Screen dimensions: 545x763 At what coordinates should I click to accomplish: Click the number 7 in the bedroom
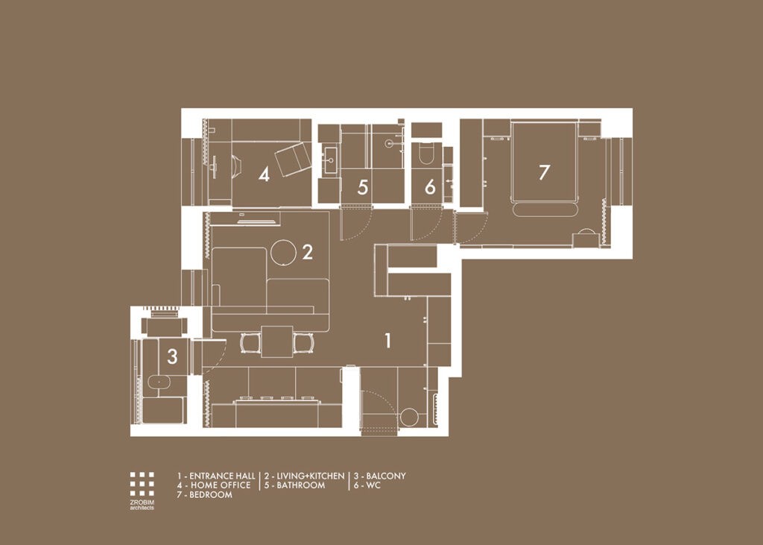[x=544, y=172]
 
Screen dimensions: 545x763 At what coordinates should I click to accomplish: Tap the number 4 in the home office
[x=264, y=175]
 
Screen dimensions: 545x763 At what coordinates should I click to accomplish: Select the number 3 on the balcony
[x=172, y=357]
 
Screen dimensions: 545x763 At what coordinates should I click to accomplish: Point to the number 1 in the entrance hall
[x=387, y=341]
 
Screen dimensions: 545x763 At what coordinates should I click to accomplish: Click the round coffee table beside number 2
[x=283, y=253]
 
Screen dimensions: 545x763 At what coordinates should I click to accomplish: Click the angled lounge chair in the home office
[x=292, y=158]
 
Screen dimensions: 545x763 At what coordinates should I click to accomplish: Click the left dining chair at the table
[x=250, y=343]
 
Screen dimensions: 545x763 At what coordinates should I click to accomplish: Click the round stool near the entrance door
[x=408, y=417]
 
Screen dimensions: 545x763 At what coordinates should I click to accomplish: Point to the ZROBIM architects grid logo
[x=142, y=484]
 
